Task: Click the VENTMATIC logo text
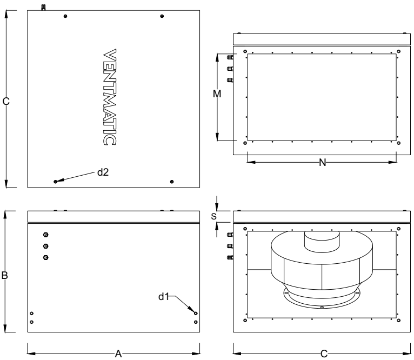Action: [109, 97]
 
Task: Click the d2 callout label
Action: [103, 172]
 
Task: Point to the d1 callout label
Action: [163, 297]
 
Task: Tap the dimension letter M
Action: [217, 94]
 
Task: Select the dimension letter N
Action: [322, 163]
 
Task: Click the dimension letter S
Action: [213, 216]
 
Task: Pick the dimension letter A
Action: [118, 354]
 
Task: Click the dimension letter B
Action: [5, 275]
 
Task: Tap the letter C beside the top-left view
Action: [6, 101]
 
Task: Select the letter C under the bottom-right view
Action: [324, 354]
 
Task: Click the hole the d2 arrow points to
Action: [56, 182]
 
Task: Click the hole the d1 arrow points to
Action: [196, 314]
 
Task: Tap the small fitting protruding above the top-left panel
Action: [43, 7]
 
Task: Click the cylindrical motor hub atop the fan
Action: [322, 241]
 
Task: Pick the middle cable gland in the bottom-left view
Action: [46, 246]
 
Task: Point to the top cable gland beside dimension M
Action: [230, 57]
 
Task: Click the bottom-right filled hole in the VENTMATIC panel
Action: [172, 182]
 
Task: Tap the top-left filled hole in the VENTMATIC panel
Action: [65, 16]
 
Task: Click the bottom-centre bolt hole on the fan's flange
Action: [322, 307]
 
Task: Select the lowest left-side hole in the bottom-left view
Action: [32, 322]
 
